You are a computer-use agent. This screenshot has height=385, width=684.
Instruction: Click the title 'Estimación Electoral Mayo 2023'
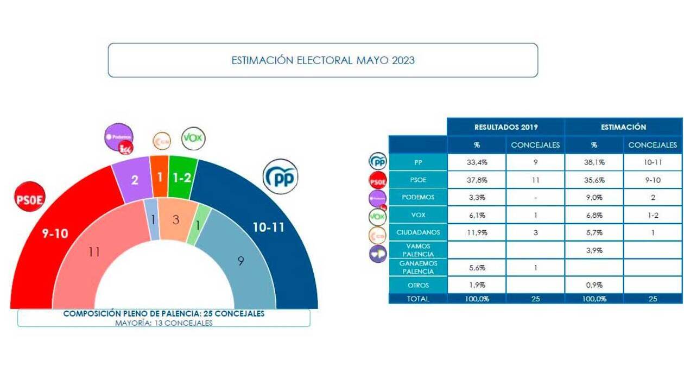point(323,60)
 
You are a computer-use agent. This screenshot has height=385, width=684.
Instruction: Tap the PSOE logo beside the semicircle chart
point(29,196)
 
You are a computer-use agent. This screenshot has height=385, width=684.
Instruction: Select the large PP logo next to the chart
point(281,176)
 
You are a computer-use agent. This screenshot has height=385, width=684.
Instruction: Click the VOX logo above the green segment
point(193,138)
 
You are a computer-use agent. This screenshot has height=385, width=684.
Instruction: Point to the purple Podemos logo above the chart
point(119,138)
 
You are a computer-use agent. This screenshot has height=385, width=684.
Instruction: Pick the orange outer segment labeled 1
point(159,177)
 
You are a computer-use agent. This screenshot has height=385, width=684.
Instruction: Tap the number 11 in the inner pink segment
point(94,251)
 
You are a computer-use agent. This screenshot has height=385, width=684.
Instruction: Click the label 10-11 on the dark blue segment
point(268,228)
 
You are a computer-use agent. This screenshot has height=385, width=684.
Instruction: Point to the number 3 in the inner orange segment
point(175,219)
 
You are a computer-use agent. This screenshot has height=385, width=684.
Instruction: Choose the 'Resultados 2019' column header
point(506,127)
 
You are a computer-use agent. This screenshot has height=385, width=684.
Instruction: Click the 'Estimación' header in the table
point(623,127)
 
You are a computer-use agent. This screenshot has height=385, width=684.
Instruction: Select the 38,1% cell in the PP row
point(594,162)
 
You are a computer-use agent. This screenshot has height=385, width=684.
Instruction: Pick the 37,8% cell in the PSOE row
point(476,180)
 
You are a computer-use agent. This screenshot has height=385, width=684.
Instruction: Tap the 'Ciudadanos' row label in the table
point(418,232)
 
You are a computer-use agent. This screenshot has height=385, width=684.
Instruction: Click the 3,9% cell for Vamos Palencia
point(594,250)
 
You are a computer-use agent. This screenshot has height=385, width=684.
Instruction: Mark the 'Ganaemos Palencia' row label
point(418,268)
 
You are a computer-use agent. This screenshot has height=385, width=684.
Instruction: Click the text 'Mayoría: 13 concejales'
point(163,323)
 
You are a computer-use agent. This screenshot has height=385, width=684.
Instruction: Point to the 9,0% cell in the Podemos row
point(594,198)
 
